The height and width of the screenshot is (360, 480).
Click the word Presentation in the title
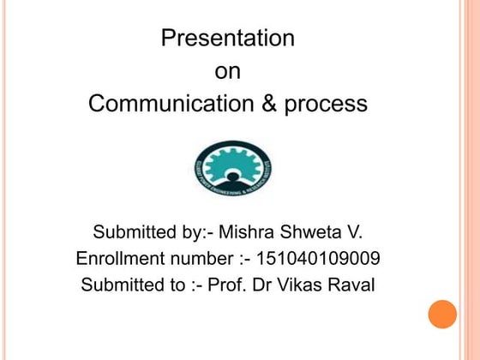pyautogui.click(x=228, y=39)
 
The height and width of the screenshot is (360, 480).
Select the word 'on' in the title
pyautogui.click(x=227, y=72)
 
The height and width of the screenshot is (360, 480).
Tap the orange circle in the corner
pyautogui.click(x=442, y=314)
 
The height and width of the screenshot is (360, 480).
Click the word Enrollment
pyautogui.click(x=119, y=259)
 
